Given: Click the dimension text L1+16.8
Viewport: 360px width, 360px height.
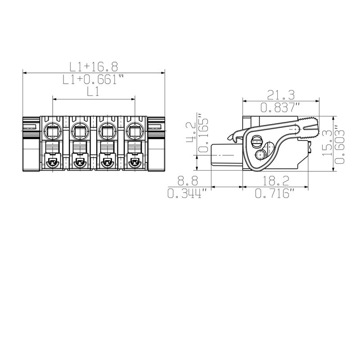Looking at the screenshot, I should (94, 67).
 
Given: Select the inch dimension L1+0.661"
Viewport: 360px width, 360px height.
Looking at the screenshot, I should (94, 80).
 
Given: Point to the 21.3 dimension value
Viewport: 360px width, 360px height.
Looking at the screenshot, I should (281, 94).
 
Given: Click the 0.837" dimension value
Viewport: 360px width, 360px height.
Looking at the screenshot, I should (281, 107).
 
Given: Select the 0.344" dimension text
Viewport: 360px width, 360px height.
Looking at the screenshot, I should (188, 193).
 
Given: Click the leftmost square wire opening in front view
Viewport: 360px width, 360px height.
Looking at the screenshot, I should (53, 131).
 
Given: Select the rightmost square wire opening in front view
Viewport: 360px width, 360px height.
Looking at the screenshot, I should (134, 131).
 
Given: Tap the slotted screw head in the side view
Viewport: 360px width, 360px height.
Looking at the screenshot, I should (257, 141).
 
